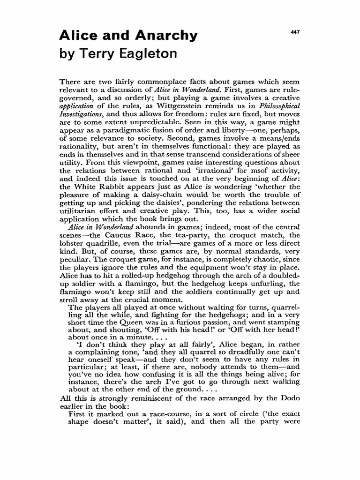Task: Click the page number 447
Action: pyautogui.click(x=294, y=32)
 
